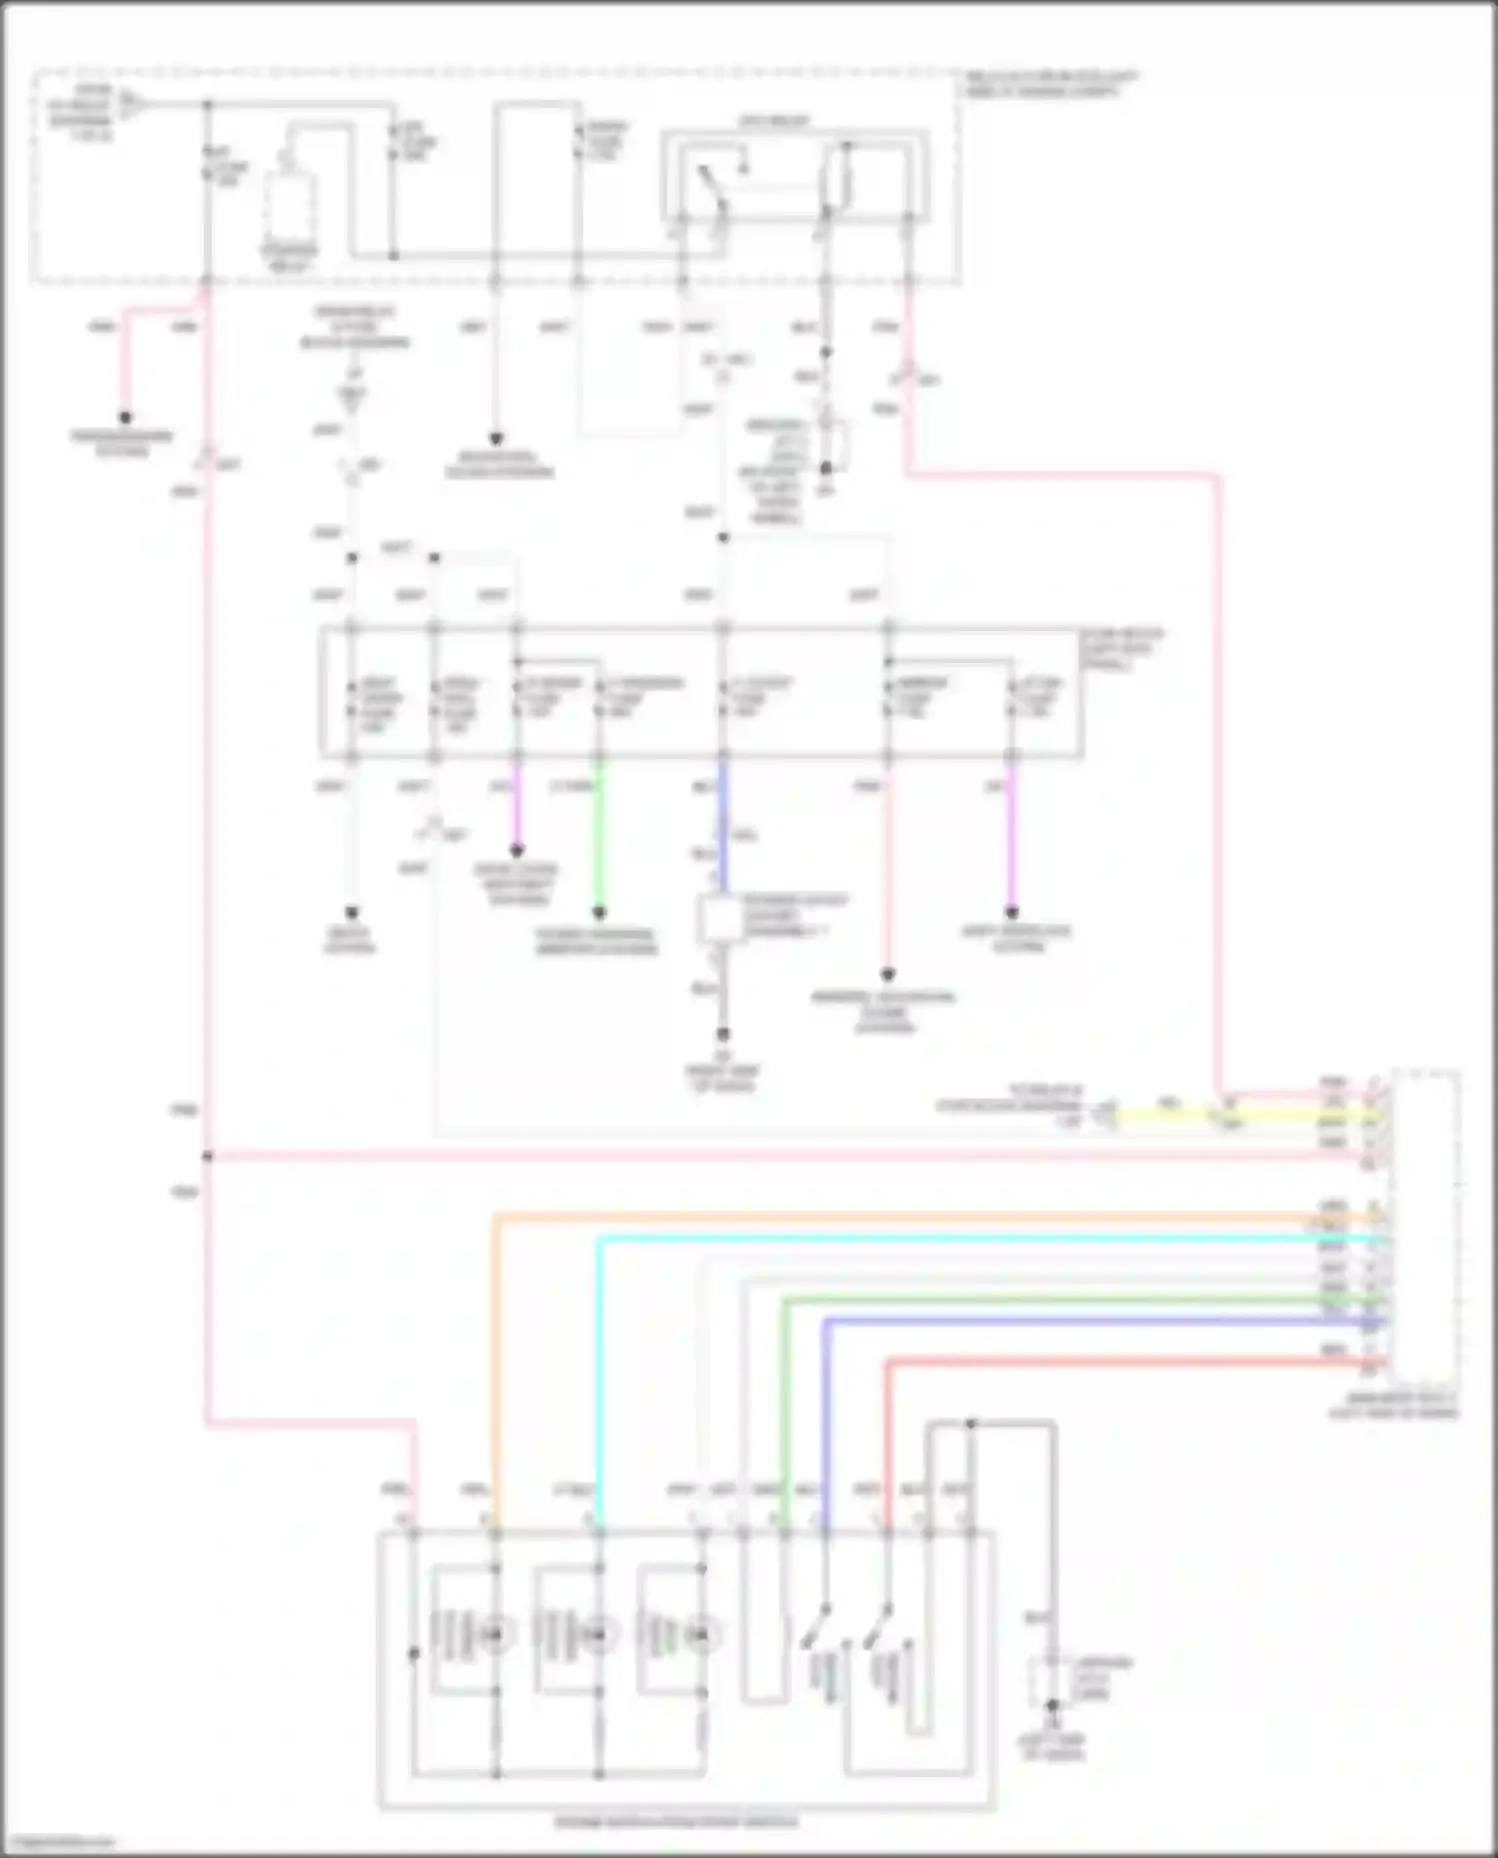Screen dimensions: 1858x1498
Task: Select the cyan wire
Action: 949,1239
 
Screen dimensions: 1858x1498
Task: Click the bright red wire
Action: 1099,1362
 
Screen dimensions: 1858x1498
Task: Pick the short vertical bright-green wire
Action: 599,839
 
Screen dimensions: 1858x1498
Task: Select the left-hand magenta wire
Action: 516,809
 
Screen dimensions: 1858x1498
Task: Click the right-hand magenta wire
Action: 1011,839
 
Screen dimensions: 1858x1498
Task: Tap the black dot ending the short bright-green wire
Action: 599,913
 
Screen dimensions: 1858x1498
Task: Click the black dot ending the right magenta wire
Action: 1011,913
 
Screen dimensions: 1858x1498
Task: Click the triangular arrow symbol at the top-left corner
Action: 130,102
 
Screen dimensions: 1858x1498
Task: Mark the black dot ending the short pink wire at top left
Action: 126,417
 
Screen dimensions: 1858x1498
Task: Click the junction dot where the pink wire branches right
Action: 208,1156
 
